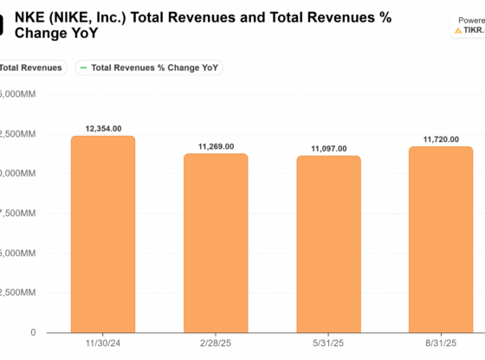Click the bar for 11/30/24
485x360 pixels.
pyautogui.click(x=103, y=234)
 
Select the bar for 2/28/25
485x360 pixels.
pyautogui.click(x=216, y=243)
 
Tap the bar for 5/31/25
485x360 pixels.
pyautogui.click(x=328, y=244)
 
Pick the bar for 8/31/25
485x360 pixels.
pyautogui.click(x=441, y=240)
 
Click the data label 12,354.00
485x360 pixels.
pyautogui.click(x=103, y=128)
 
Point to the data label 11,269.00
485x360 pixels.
pyautogui.click(x=216, y=146)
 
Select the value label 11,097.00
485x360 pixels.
pyautogui.click(x=328, y=149)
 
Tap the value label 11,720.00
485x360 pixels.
pyautogui.click(x=441, y=138)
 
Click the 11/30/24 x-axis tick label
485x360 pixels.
pyautogui.click(x=103, y=344)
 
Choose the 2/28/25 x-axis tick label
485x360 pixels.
pyautogui.click(x=216, y=344)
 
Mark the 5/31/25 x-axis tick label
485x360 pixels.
pyautogui.click(x=328, y=344)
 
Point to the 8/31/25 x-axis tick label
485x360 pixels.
pyautogui.click(x=441, y=344)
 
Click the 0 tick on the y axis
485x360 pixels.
pyautogui.click(x=33, y=332)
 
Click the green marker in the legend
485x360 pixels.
pyautogui.click(x=82, y=67)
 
